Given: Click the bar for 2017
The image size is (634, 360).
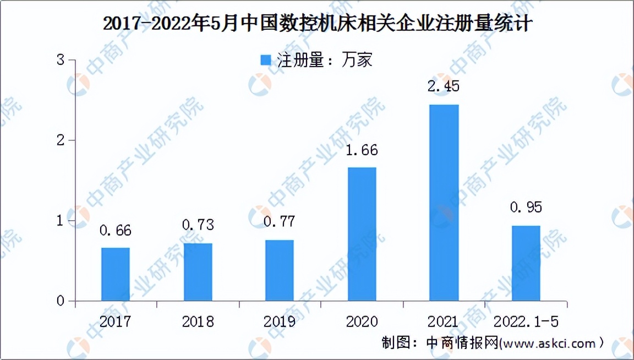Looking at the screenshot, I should pos(116,274).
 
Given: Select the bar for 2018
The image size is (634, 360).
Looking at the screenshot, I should pos(198,272).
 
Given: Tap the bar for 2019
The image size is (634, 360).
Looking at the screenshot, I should pos(280,271).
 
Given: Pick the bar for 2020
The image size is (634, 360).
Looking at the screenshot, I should pos(362,234).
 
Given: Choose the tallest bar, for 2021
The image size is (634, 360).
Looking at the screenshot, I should pos(444,203).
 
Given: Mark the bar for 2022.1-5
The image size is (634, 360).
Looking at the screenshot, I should pos(526,263).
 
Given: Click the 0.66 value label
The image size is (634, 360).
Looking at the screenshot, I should pos(116,230).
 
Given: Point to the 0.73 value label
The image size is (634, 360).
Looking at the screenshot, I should pos(198,225).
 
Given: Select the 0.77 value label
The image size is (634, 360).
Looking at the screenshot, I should pos(280,222).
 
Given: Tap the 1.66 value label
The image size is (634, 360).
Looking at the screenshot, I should pos(362,150).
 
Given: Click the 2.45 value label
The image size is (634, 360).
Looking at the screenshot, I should pos(444,86).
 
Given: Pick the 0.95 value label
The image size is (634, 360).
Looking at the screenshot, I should pos(526,207).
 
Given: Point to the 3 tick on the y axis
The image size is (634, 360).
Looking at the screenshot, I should pos(61,60).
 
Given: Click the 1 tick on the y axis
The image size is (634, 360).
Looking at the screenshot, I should pos(61,221).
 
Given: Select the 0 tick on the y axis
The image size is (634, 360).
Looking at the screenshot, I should pos(61,301).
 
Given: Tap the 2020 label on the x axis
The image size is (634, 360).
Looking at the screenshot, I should pos(362,321).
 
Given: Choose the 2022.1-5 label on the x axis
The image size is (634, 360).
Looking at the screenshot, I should pos(526,321).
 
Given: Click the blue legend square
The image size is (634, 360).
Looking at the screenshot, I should pos(266,60).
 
